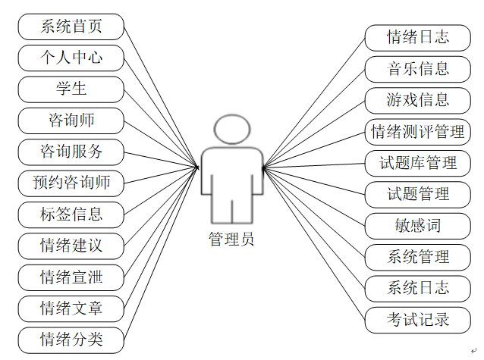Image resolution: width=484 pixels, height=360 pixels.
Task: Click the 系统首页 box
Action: [71, 27]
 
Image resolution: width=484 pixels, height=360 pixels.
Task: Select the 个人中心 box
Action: [71, 58]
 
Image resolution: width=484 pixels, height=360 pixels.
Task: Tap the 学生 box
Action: [71, 89]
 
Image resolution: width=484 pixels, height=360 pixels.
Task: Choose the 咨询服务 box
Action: [71, 151]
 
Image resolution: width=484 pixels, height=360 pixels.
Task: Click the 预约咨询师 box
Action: [71, 183]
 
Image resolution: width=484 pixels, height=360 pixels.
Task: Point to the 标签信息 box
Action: [71, 214]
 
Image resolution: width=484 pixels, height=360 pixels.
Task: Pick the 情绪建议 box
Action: [71, 246]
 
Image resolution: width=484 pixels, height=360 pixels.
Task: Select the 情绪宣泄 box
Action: [71, 277]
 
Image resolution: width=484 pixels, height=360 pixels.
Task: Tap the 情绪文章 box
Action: [71, 308]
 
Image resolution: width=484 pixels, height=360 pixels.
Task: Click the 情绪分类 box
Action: [71, 339]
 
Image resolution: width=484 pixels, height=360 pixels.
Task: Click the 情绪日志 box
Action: [417, 37]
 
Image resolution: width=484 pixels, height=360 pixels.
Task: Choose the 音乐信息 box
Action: [417, 69]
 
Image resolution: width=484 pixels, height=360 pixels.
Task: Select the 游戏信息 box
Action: [417, 100]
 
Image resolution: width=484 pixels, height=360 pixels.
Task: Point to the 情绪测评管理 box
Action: [417, 131]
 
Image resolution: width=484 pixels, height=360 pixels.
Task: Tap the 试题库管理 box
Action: [417, 162]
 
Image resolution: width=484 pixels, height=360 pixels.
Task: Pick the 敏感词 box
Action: [417, 225]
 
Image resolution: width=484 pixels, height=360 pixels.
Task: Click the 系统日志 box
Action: [417, 288]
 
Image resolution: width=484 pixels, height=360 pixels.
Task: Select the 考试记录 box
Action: [417, 319]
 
